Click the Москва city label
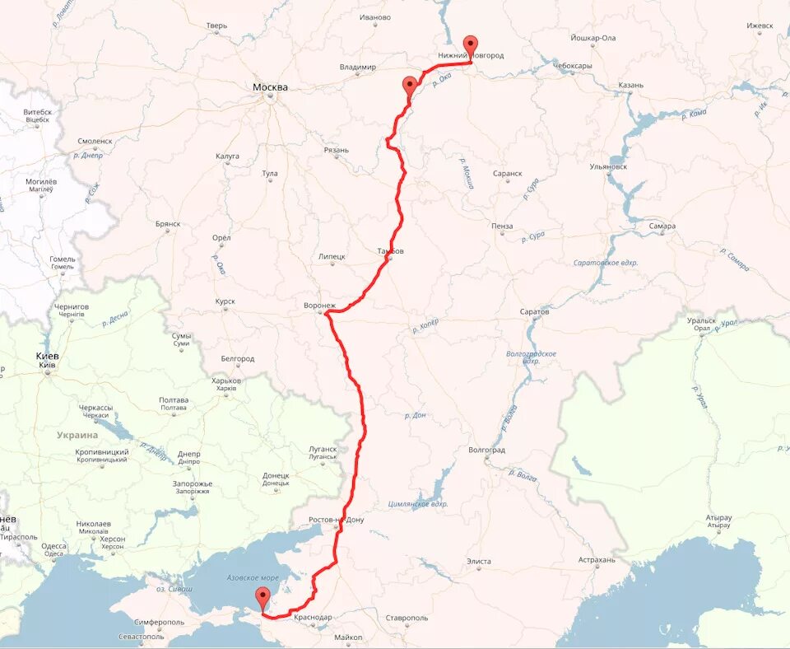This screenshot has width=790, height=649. tap(270, 87)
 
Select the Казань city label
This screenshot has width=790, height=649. tap(630, 85)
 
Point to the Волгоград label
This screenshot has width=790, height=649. tap(486, 450)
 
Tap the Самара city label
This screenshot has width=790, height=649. tap(662, 226)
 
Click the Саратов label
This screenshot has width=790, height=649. tap(534, 311)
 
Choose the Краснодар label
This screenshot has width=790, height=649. tap(313, 617)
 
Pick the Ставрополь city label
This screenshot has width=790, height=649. tap(407, 617)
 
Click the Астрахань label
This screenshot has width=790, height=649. tap(597, 559)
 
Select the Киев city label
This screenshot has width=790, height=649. tap(47, 356)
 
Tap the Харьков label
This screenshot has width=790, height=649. tap(226, 381)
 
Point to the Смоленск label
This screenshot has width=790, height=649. tap(95, 141)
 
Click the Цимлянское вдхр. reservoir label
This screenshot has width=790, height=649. tap(418, 503)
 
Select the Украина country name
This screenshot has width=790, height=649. tap(77, 435)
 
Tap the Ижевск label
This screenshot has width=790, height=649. tap(760, 26)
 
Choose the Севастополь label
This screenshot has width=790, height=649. tap(141, 637)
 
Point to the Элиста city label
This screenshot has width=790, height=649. tap(478, 561)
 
